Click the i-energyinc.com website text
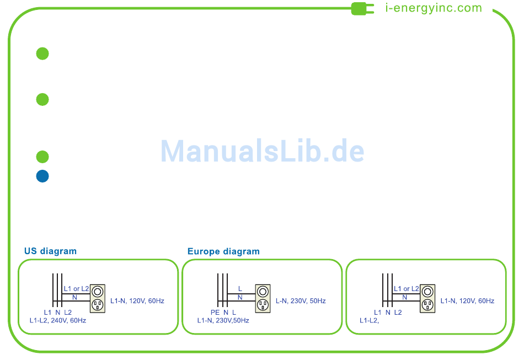pos(434,8)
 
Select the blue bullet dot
pos(42,176)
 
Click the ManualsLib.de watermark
pos(263,151)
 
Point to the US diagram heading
pos(50,251)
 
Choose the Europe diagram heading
pos(223,251)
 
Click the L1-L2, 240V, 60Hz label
pos(58,320)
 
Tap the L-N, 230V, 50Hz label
pos(301,301)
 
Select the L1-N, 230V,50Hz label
pos(223,320)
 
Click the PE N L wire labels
pos(223,312)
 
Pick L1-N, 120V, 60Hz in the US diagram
pos(137,301)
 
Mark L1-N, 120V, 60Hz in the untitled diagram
pos(467,301)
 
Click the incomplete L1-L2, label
pos(369,320)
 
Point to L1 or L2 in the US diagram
pos(76,289)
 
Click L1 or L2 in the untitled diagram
pos(406,289)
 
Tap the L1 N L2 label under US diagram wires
pos(58,312)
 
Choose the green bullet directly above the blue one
pos(42,157)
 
